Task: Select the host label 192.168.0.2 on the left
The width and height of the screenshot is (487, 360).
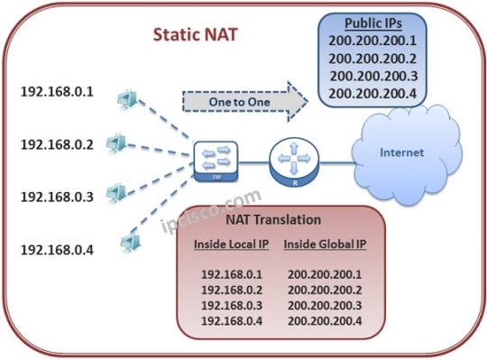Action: coord(57,143)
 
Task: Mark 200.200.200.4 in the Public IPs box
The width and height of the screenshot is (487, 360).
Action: coord(372,93)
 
